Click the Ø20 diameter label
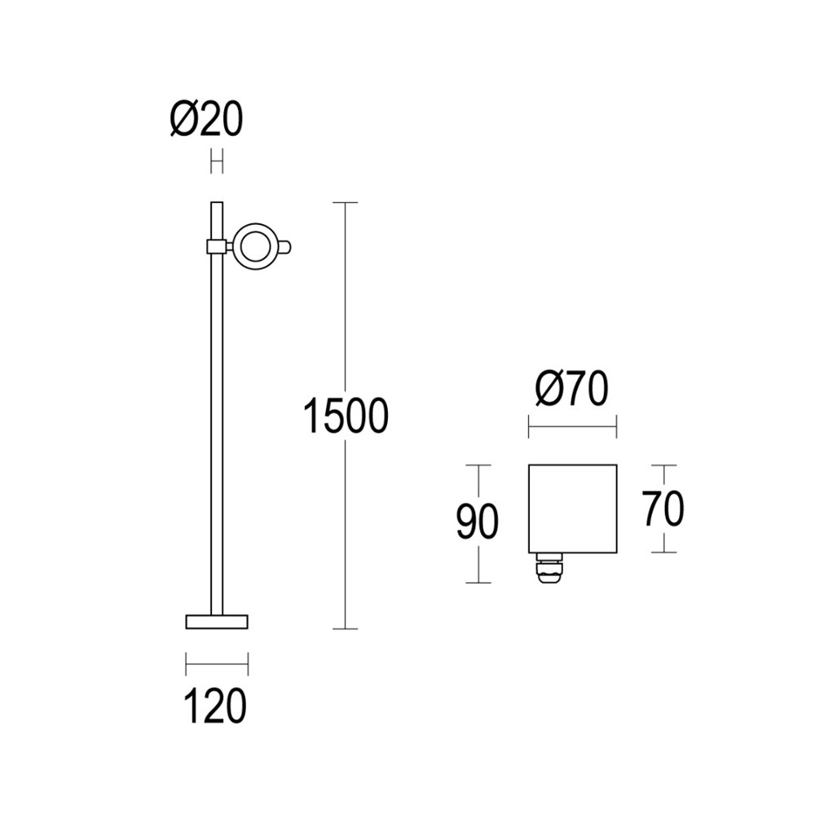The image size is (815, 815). (x=206, y=121)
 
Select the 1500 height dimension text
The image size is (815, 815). (x=345, y=416)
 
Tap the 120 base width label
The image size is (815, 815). (x=216, y=706)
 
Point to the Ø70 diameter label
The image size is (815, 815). (x=572, y=390)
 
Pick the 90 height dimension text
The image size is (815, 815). (x=477, y=522)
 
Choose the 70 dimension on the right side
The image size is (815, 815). (x=663, y=509)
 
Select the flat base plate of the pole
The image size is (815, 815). (x=217, y=622)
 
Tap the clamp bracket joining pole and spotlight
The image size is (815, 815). (x=217, y=246)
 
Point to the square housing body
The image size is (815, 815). (x=572, y=507)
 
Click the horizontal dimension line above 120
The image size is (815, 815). (x=217, y=664)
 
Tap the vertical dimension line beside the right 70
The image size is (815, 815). (x=664, y=538)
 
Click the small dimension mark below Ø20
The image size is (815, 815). (x=217, y=161)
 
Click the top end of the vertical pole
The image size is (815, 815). (x=217, y=203)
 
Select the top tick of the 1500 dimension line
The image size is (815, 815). (x=346, y=202)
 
